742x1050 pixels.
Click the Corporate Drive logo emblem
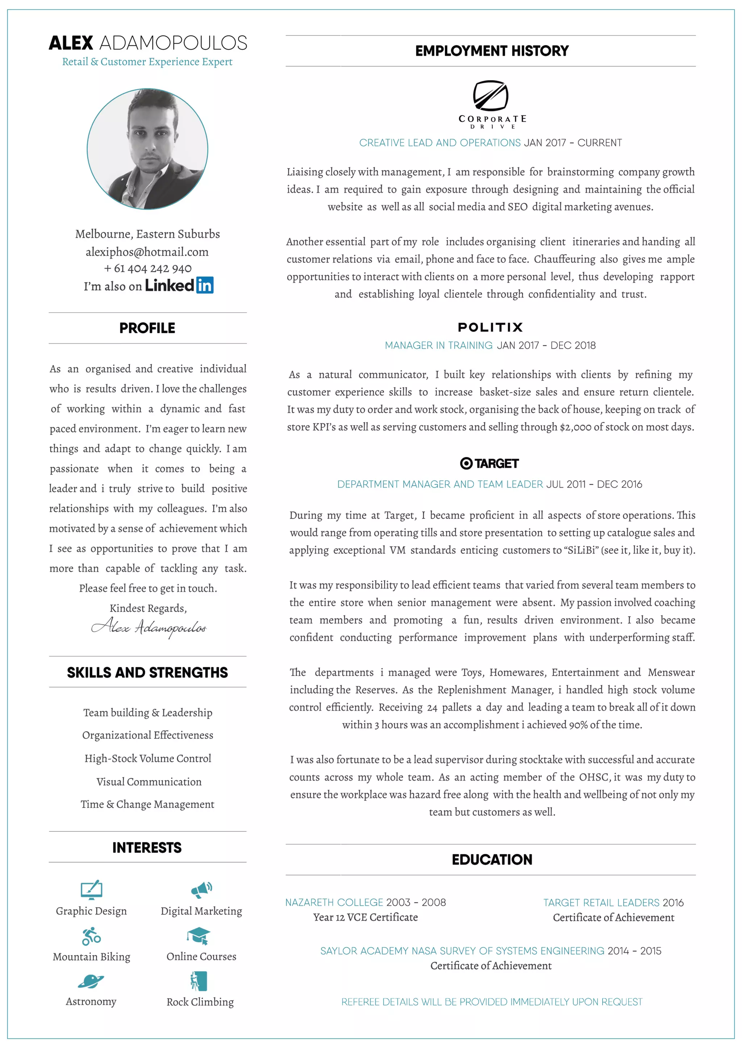pyautogui.click(x=490, y=96)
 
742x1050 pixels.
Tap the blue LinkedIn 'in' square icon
pyautogui.click(x=205, y=285)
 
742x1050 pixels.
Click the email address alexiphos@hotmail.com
pyautogui.click(x=147, y=252)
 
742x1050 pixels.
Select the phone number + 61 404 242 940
pyautogui.click(x=147, y=269)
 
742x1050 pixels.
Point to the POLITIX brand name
pyautogui.click(x=490, y=327)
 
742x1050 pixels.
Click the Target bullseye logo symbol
pyautogui.click(x=466, y=463)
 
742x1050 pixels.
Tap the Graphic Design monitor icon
pyautogui.click(x=91, y=889)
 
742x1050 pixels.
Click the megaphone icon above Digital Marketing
pyautogui.click(x=201, y=889)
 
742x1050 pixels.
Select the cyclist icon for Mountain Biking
pyautogui.click(x=91, y=936)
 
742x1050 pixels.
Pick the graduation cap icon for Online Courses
pyautogui.click(x=199, y=936)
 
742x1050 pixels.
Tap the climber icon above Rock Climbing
pyautogui.click(x=199, y=981)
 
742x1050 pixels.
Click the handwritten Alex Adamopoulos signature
pyautogui.click(x=149, y=627)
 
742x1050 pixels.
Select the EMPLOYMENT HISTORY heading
pyautogui.click(x=492, y=51)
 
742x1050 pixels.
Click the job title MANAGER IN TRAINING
pyautogui.click(x=438, y=345)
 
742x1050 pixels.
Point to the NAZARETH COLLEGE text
pyautogui.click(x=334, y=902)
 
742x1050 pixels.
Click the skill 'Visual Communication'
pyautogui.click(x=149, y=781)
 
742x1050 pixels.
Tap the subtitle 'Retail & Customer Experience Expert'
pyautogui.click(x=147, y=62)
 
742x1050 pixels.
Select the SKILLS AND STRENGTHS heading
pyautogui.click(x=147, y=672)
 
